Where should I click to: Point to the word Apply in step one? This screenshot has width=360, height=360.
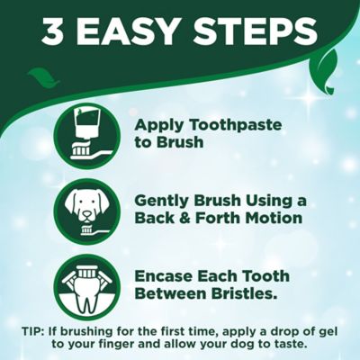(159, 125)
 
